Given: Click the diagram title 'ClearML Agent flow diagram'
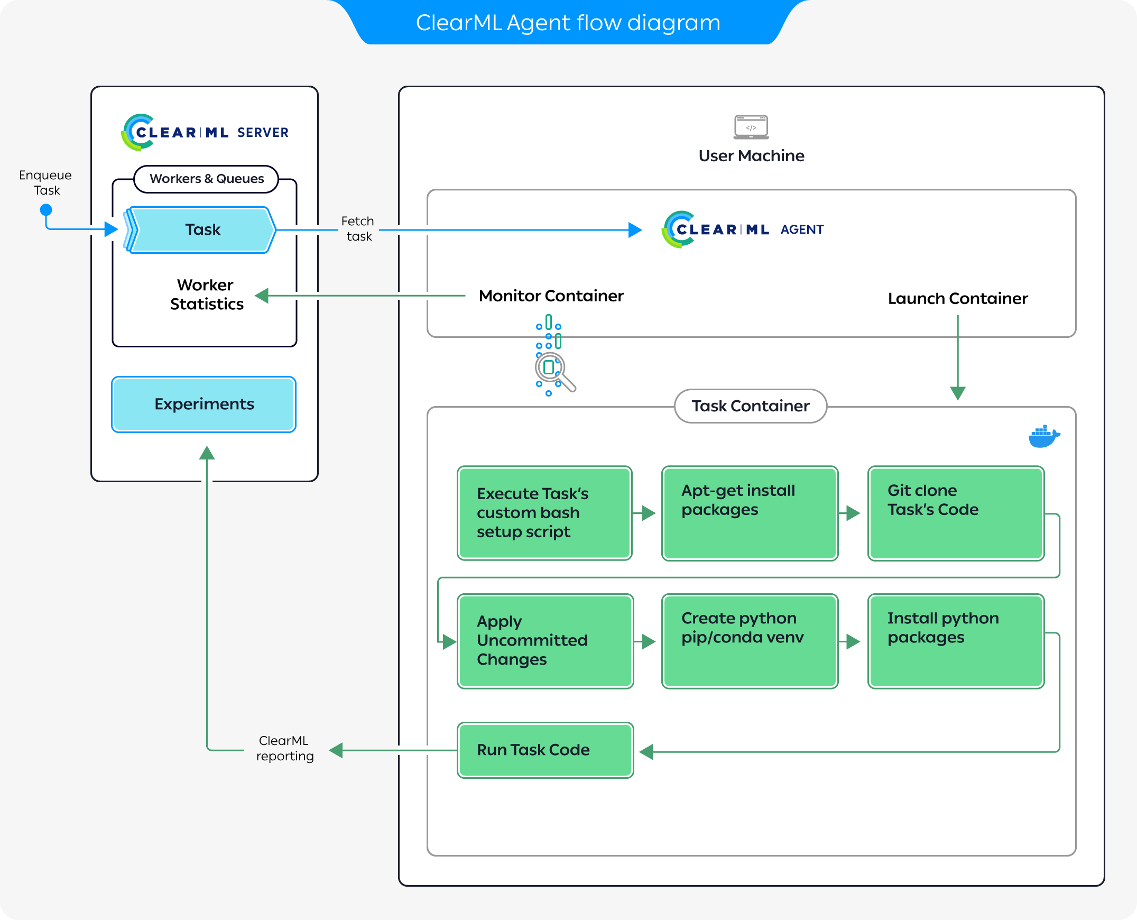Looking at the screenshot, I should (x=568, y=23).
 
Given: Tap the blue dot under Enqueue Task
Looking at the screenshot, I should (x=46, y=210).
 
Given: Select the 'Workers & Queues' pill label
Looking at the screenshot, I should (x=206, y=179).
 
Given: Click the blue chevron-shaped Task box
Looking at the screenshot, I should (x=202, y=229).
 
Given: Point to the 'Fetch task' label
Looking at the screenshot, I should (x=358, y=228).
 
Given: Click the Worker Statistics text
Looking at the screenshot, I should (x=207, y=294).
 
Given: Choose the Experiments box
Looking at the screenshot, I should (x=204, y=404).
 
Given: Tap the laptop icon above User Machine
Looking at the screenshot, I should (x=751, y=127).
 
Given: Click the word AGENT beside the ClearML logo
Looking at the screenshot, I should (x=802, y=229).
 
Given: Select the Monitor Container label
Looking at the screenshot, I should (x=551, y=296).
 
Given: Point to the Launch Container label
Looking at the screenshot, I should (x=957, y=298).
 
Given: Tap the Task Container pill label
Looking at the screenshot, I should (x=750, y=406).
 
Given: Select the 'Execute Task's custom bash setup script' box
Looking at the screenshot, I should (x=544, y=512).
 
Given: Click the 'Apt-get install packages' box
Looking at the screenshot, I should (x=749, y=512).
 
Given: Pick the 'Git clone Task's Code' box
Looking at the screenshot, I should (x=955, y=512).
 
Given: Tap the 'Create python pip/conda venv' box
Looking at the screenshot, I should (x=749, y=641).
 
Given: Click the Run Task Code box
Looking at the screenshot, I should (x=544, y=750).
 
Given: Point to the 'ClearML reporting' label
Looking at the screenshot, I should (x=284, y=748).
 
